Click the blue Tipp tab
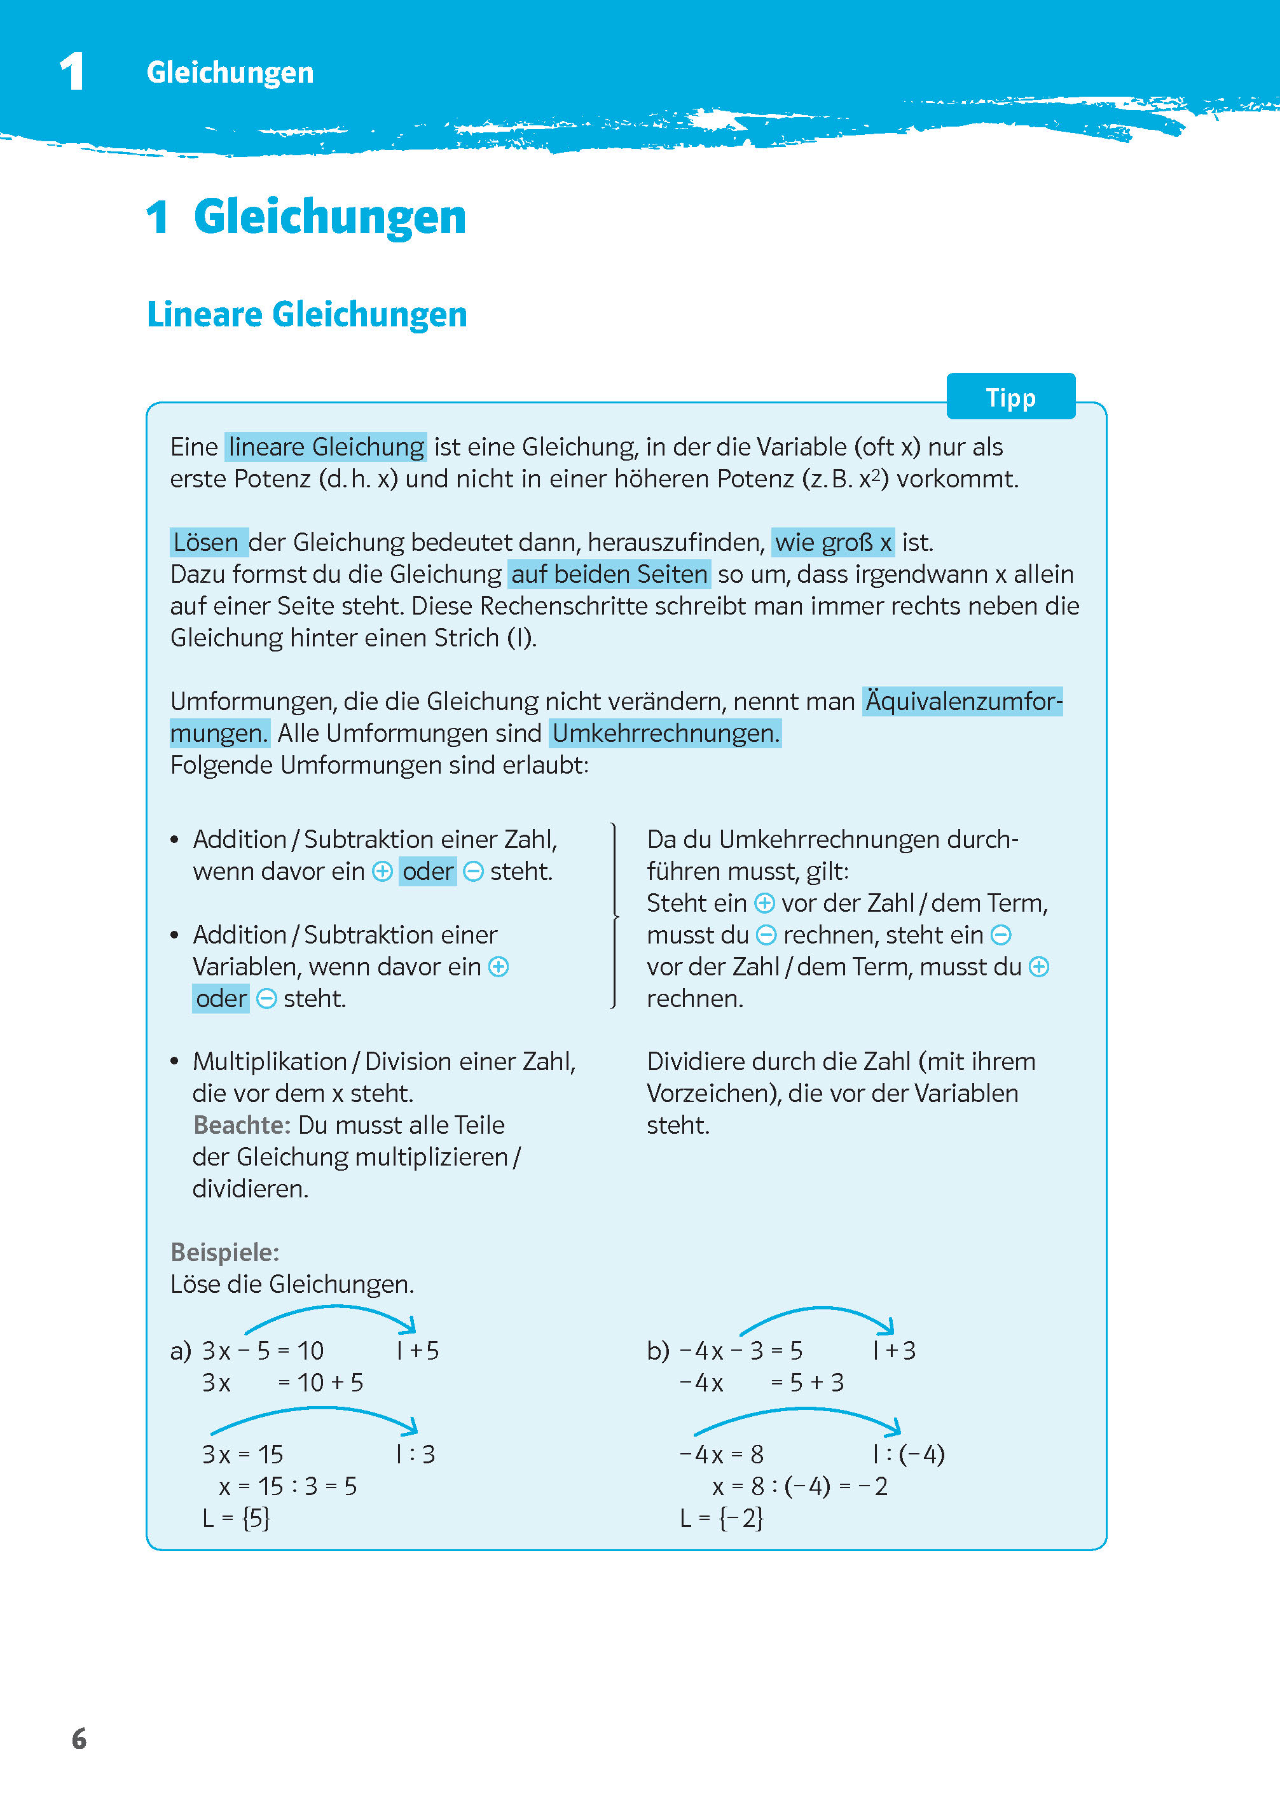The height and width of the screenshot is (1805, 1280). [x=1010, y=398]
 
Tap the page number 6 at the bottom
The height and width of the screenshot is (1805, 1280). [x=79, y=1739]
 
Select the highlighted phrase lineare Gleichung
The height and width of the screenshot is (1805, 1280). [x=326, y=447]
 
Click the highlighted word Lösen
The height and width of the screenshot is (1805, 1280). [x=207, y=543]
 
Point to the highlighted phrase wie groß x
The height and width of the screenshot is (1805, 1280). [x=832, y=543]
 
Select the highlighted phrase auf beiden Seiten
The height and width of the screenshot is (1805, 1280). [x=609, y=574]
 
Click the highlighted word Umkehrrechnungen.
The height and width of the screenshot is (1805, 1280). [x=665, y=734]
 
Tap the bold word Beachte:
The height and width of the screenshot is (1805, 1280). [x=242, y=1124]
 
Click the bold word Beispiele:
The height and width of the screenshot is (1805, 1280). [x=224, y=1252]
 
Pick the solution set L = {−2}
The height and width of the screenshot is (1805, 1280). [x=721, y=1518]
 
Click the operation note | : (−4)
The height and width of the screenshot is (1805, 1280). [x=908, y=1454]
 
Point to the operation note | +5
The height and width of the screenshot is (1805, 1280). [x=418, y=1351]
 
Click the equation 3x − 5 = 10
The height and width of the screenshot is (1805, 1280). [x=263, y=1351]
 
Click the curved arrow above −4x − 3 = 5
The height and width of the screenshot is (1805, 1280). [x=816, y=1314]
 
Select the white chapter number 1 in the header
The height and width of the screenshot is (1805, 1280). [x=72, y=72]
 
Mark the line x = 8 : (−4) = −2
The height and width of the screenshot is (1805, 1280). [x=799, y=1486]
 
